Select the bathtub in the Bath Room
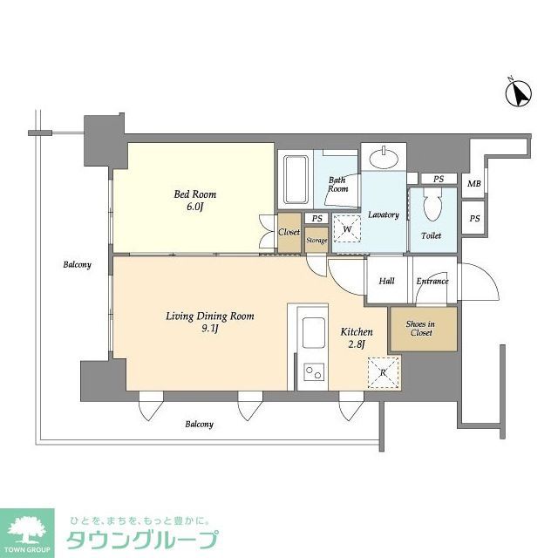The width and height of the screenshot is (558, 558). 296,178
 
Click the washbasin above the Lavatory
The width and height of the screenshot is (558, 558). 383,158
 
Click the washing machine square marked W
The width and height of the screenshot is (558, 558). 347,229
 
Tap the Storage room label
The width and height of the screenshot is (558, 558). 316,241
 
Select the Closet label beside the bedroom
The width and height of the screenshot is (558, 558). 289,233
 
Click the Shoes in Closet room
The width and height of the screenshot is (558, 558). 421,328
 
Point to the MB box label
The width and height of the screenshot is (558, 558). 473,184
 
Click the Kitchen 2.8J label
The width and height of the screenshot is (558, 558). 357,338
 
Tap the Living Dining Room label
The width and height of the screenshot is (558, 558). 209,323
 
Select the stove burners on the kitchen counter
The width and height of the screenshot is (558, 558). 311,374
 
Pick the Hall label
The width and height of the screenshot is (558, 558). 386,281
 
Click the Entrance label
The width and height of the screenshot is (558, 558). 432,281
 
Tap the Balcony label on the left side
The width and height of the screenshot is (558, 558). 77,264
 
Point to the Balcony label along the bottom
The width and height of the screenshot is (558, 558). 199,425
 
